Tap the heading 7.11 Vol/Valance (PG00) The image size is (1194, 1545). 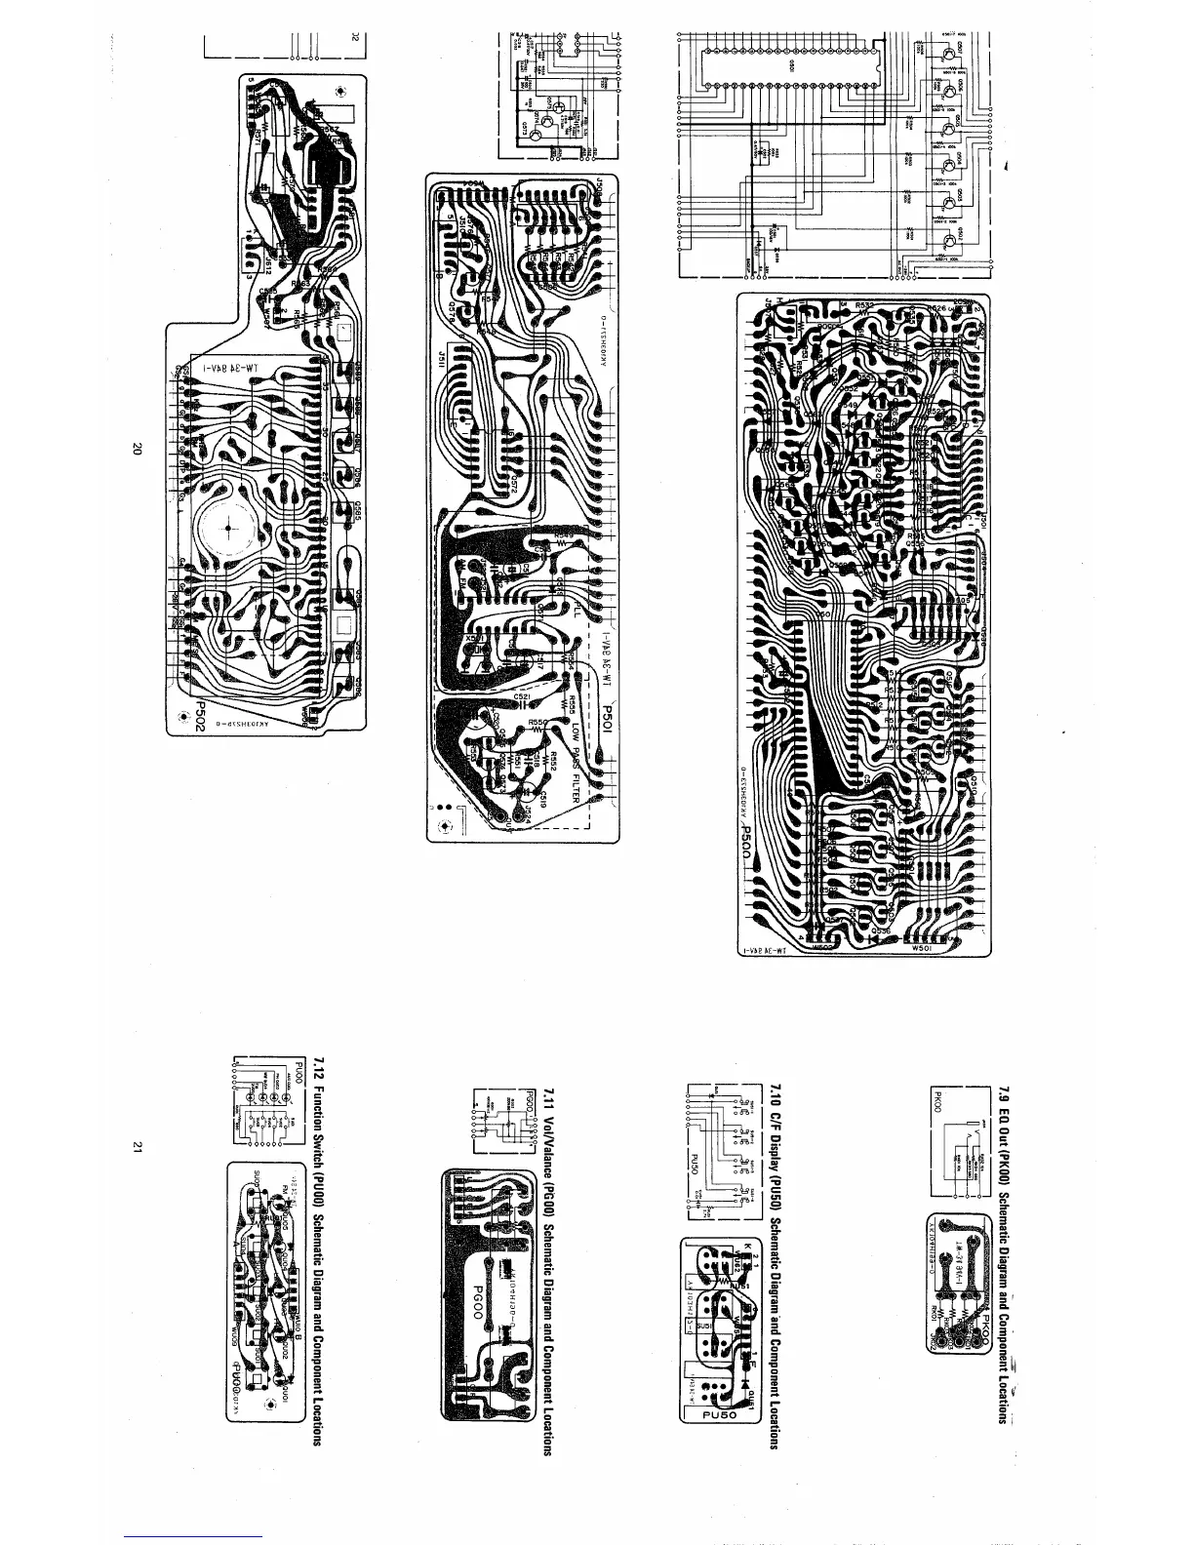549,1258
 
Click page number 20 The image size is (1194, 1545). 137,450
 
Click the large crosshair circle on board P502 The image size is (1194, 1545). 227,529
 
